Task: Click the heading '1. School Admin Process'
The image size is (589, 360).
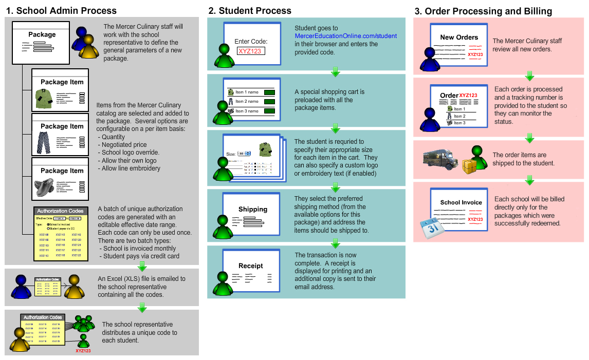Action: (x=61, y=11)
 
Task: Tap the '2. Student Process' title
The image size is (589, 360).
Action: (x=250, y=11)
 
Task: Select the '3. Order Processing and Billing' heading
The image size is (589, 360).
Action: (x=483, y=11)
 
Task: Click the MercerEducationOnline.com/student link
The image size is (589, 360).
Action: (x=346, y=36)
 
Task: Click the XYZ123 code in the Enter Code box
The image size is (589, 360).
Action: (x=250, y=51)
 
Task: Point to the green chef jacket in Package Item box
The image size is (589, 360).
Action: (x=45, y=99)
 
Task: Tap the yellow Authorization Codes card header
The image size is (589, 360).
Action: (x=60, y=211)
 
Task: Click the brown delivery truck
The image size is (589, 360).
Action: (x=440, y=159)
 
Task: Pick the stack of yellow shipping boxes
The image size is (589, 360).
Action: (x=469, y=166)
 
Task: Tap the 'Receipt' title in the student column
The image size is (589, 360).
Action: (x=251, y=266)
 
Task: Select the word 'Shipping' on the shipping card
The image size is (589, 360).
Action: (x=253, y=209)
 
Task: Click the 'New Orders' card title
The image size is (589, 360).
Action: (x=459, y=37)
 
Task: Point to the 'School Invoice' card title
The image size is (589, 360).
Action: (x=461, y=202)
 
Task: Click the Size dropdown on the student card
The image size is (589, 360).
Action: (x=244, y=153)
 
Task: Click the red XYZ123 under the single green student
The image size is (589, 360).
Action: (x=83, y=351)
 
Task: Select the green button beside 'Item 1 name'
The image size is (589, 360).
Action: (x=269, y=92)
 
